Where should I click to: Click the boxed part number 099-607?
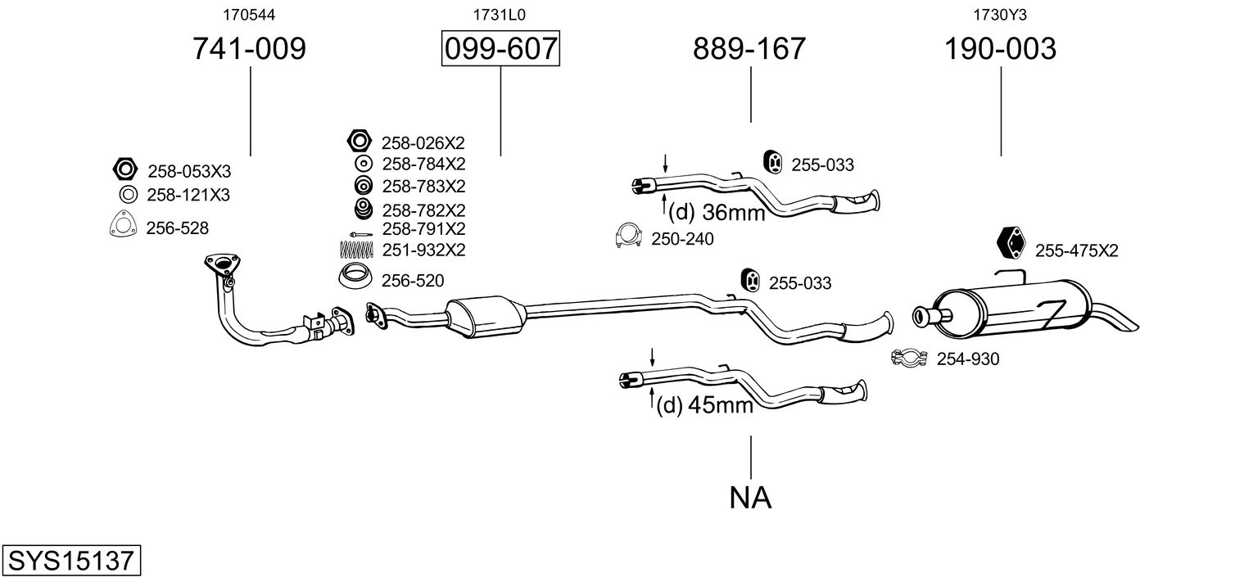pos(500,49)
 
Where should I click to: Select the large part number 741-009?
pos(249,49)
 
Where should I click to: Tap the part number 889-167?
pos(749,49)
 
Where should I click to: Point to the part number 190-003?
pos(1000,49)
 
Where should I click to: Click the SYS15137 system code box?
pos(70,561)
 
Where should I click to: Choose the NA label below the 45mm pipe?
pos(750,497)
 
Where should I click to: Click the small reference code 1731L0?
pos(499,14)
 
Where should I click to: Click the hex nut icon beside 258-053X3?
pos(124,169)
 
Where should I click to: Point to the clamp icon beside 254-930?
pos(907,357)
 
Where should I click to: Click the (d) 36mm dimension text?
pos(717,213)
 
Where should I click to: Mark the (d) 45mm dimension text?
pos(704,404)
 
